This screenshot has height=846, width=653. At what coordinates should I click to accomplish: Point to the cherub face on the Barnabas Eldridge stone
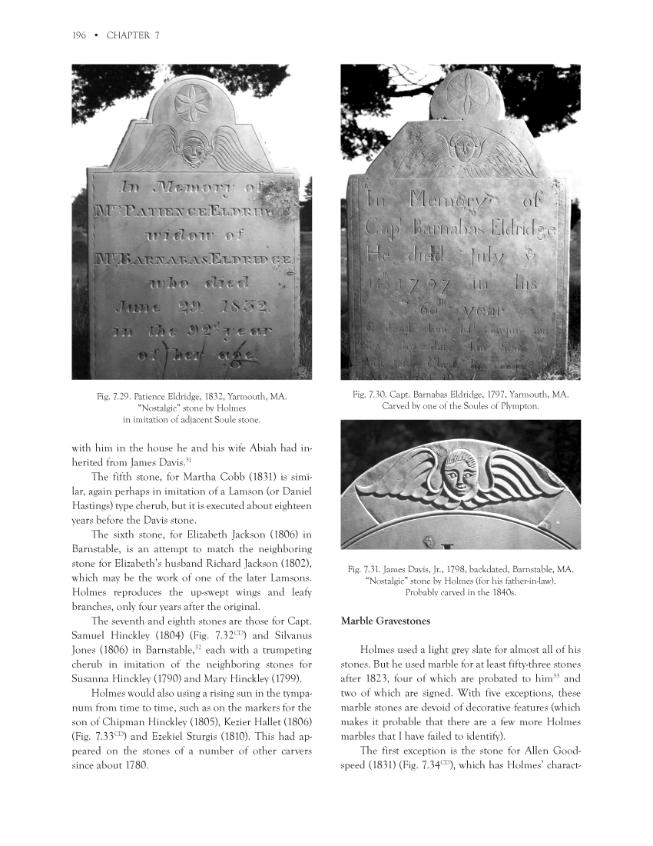tap(462, 145)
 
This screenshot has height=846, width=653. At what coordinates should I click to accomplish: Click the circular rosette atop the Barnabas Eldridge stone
tap(462, 98)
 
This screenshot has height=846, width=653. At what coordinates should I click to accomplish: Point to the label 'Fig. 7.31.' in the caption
tap(366, 570)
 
